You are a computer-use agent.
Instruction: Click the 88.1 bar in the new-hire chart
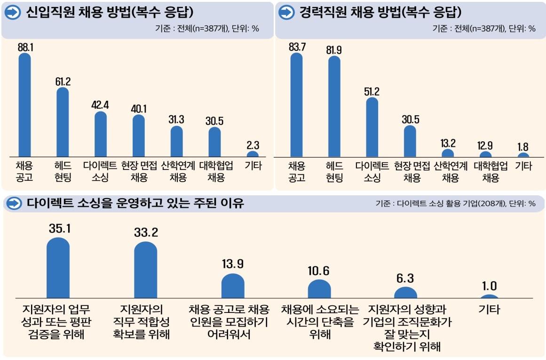click(x=24, y=104)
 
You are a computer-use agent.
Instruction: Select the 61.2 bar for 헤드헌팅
click(x=63, y=122)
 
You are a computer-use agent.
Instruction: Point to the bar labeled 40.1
click(x=139, y=136)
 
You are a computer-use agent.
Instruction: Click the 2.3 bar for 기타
click(x=253, y=154)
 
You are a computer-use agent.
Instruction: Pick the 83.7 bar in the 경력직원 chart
click(x=296, y=104)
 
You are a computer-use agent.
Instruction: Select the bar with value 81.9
click(x=334, y=106)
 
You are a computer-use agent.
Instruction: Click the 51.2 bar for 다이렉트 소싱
click(x=372, y=127)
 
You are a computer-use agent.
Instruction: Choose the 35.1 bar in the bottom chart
click(x=58, y=268)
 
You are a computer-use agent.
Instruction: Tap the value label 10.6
click(x=319, y=271)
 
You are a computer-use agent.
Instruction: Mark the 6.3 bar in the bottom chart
click(x=405, y=293)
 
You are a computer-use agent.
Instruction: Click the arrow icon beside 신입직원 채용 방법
click(x=14, y=13)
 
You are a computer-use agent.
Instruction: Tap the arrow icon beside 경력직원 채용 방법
click(x=286, y=13)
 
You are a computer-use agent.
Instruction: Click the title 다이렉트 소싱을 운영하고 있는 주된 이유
click(x=135, y=203)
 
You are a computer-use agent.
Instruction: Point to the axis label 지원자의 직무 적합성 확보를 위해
click(x=141, y=322)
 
